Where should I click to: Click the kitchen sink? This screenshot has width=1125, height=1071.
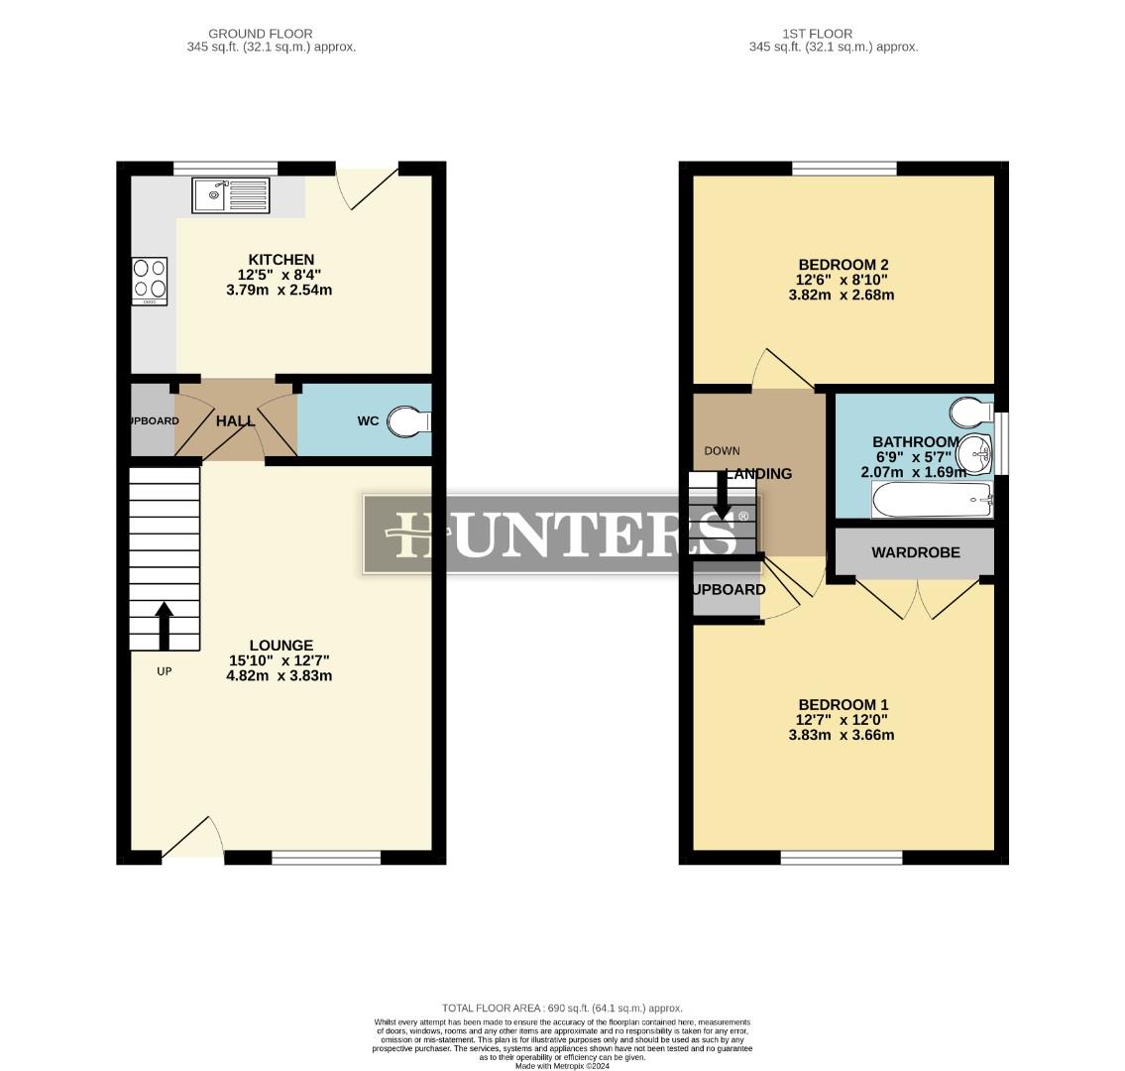click(x=231, y=194)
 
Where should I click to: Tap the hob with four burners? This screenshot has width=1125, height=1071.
click(x=150, y=282)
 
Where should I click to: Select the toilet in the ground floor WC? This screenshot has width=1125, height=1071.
click(x=407, y=421)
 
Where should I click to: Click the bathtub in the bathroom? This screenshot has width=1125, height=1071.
click(x=931, y=501)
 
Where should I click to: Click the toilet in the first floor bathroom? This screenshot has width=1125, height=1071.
click(x=969, y=410)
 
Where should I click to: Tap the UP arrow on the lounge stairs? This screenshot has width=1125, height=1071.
click(x=165, y=626)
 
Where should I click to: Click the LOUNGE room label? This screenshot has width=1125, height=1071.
click(x=281, y=646)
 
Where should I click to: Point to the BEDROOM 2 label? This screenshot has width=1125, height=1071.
click(x=844, y=265)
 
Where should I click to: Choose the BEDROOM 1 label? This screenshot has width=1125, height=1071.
click(x=843, y=705)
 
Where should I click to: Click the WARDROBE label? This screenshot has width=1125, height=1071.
click(x=915, y=552)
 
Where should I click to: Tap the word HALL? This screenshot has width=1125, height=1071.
click(x=236, y=421)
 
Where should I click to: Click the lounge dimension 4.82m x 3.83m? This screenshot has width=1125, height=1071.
click(x=281, y=676)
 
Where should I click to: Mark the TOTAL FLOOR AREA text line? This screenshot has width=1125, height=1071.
click(x=562, y=1008)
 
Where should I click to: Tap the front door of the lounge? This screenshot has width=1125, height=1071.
click(x=190, y=838)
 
